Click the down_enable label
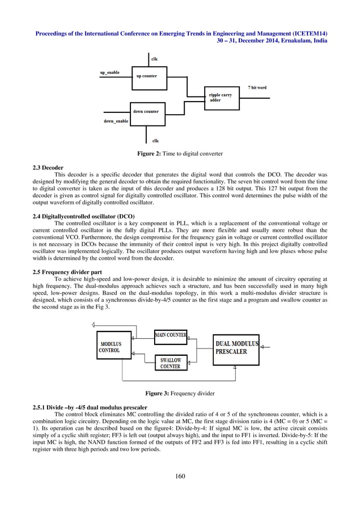(x=116, y=121)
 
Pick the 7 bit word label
(x=257, y=88)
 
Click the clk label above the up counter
(x=155, y=59)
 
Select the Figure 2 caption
(x=180, y=154)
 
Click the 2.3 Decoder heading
(x=49, y=168)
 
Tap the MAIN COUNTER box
(x=171, y=335)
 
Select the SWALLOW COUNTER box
(x=170, y=363)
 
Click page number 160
(x=180, y=477)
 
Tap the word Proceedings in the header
(x=54, y=33)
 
